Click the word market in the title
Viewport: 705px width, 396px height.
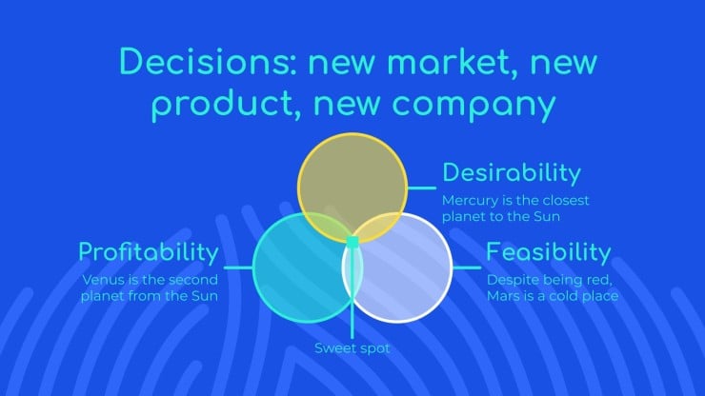pyautogui.click(x=453, y=62)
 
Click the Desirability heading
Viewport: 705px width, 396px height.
pyautogui.click(x=512, y=173)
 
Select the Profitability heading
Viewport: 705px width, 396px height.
pyautogui.click(x=149, y=252)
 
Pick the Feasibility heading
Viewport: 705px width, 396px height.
pyautogui.click(x=549, y=252)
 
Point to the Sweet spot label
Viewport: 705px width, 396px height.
pyautogui.click(x=352, y=348)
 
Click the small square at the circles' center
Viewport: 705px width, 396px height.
pyautogui.click(x=352, y=243)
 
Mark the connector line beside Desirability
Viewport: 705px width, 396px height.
pyautogui.click(x=422, y=188)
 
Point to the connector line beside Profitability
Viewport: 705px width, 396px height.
pyautogui.click(x=238, y=267)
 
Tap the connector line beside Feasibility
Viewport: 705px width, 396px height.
pyautogui.click(x=467, y=267)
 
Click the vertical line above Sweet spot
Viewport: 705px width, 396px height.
pyautogui.click(x=352, y=293)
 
